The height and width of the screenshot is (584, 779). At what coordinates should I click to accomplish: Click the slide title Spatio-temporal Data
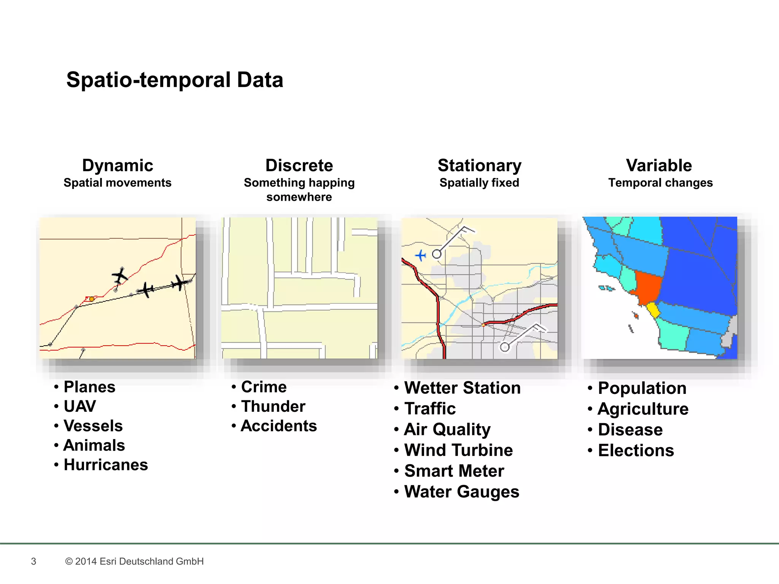175,80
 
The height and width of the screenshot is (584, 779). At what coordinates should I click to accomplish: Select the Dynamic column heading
118,165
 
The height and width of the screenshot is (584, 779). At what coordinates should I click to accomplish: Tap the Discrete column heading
299,165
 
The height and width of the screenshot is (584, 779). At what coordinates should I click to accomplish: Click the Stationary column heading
479,165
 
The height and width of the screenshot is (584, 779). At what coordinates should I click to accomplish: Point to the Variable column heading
659,165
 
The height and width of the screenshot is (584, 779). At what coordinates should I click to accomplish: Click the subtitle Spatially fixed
479,183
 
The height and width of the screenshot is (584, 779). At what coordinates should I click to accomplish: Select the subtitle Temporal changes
660,183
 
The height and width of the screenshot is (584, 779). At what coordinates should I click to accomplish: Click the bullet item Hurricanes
106,465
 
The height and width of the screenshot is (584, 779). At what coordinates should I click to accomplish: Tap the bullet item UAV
80,406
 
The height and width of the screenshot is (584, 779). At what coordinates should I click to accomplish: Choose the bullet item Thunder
273,406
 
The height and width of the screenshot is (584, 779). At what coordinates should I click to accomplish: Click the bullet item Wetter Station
462,388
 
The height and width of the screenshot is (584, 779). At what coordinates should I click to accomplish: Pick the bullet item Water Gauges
461,492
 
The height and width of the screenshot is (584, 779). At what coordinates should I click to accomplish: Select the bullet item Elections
636,451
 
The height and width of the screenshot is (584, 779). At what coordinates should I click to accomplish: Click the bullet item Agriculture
643,409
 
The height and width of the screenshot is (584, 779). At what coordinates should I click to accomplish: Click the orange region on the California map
647,287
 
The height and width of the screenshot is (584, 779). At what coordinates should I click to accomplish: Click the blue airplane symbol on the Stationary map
420,255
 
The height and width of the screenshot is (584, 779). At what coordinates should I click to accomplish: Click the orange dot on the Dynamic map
92,299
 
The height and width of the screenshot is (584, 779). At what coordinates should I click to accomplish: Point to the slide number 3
33,561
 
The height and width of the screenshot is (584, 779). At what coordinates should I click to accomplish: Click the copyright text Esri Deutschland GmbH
134,561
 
